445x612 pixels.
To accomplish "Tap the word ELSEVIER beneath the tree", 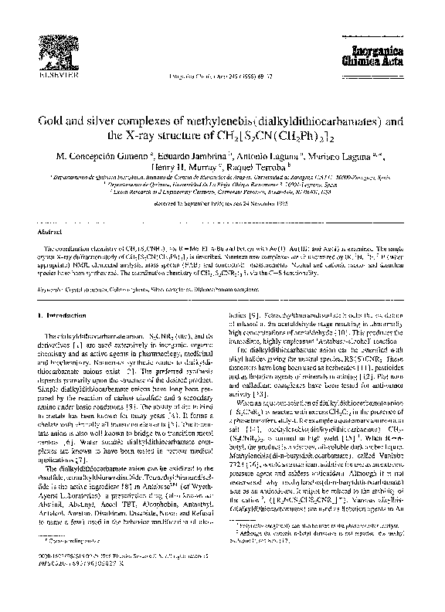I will coord(49,78).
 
